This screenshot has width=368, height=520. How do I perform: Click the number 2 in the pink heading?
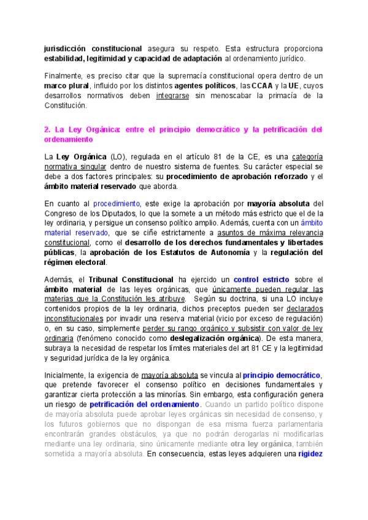pyautogui.click(x=47, y=129)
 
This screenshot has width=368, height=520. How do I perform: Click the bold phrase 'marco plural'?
pyautogui.click(x=66, y=86)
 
